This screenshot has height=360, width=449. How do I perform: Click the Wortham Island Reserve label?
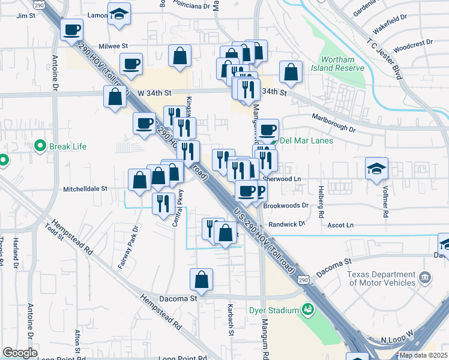click(342, 64)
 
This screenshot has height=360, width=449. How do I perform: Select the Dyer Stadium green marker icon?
click(308, 310)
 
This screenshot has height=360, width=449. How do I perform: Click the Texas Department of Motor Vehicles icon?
click(425, 278)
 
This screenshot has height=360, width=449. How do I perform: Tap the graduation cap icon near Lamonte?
click(119, 14)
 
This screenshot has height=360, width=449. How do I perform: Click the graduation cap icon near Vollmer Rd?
click(376, 169)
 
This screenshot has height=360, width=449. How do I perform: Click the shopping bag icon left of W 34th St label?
click(115, 97)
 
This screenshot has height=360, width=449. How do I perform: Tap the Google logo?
click(20, 352)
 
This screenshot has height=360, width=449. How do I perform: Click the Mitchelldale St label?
click(85, 188)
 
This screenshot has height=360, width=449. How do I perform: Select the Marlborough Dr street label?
click(334, 122)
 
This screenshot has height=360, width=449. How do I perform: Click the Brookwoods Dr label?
click(288, 205)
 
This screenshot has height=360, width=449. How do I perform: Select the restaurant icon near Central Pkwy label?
click(163, 204)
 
